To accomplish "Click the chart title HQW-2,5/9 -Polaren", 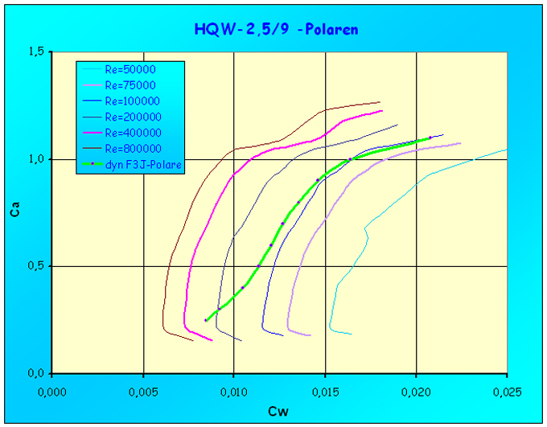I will [x=276, y=30].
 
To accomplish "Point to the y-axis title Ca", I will [x=14, y=213].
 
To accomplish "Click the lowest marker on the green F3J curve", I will [x=205, y=320].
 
